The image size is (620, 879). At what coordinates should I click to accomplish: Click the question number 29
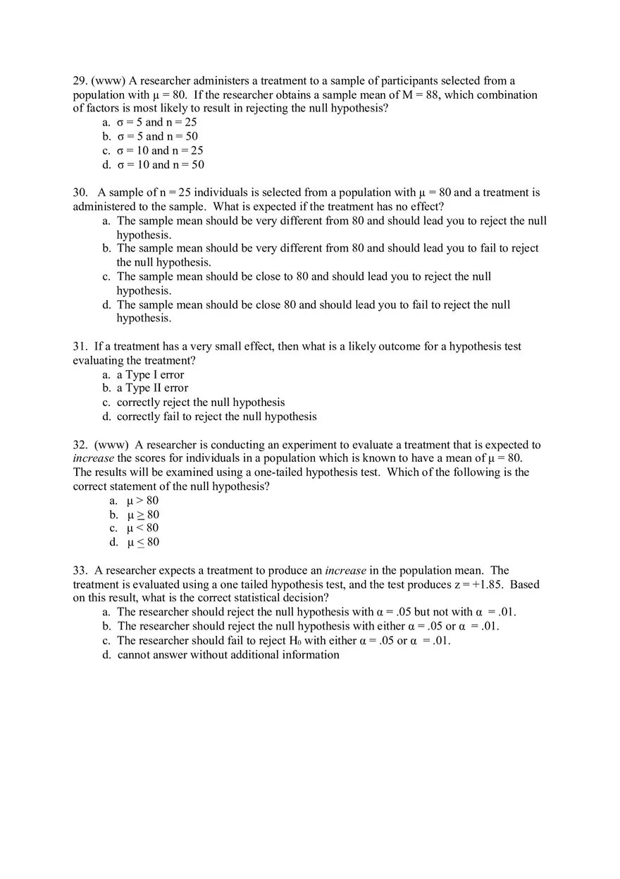click(80, 81)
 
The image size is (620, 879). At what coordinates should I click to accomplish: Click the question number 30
click(80, 192)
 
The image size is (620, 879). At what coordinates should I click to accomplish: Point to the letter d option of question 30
click(106, 305)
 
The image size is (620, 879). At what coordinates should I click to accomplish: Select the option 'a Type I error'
click(150, 375)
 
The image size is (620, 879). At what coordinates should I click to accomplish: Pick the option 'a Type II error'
click(152, 388)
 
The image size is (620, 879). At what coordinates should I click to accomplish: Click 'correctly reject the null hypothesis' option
click(201, 402)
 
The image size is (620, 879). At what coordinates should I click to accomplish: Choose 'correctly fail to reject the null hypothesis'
click(216, 417)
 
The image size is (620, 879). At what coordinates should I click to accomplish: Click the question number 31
click(80, 347)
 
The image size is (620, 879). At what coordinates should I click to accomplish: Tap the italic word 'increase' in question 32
click(93, 458)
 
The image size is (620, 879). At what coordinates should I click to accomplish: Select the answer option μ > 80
click(142, 500)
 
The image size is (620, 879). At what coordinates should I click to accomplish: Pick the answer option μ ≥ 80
click(142, 515)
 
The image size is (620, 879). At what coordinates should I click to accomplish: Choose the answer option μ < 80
click(142, 528)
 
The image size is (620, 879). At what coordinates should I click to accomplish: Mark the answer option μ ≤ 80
click(142, 542)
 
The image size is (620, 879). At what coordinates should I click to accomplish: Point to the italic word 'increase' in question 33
click(345, 570)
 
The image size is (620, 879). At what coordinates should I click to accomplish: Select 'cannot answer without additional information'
click(228, 655)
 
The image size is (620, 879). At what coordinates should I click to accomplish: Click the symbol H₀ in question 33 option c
click(295, 641)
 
